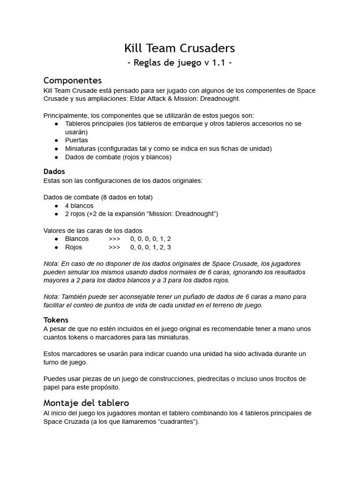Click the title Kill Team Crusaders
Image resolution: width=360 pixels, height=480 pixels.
pyautogui.click(x=180, y=48)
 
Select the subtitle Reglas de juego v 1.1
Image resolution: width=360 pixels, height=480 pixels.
pyautogui.click(x=180, y=63)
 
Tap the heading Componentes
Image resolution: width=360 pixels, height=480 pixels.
pyautogui.click(x=73, y=80)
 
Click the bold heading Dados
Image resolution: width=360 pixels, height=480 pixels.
pyautogui.click(x=54, y=172)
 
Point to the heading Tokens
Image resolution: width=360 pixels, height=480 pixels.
pyautogui.click(x=56, y=320)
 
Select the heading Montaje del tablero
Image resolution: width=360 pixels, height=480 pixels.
pyautogui.click(x=86, y=403)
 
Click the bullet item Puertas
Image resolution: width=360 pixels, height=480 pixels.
pyautogui.click(x=76, y=140)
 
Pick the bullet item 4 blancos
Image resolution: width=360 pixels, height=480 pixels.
pyautogui.click(x=79, y=206)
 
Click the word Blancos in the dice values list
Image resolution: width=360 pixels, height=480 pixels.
pyautogui.click(x=77, y=239)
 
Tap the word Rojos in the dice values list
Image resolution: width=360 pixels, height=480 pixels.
pyautogui.click(x=74, y=247)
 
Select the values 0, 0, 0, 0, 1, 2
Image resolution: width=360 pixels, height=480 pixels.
pyautogui.click(x=150, y=239)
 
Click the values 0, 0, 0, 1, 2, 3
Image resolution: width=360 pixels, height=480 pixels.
pyautogui.click(x=150, y=247)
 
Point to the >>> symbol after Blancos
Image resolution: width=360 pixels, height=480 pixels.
pyautogui.click(x=114, y=239)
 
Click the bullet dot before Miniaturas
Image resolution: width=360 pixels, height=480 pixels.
pyautogui.click(x=56, y=149)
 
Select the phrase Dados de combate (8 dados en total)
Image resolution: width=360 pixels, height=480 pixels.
pyautogui.click(x=98, y=197)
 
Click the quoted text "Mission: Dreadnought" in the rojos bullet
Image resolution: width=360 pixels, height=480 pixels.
pyautogui.click(x=181, y=214)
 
